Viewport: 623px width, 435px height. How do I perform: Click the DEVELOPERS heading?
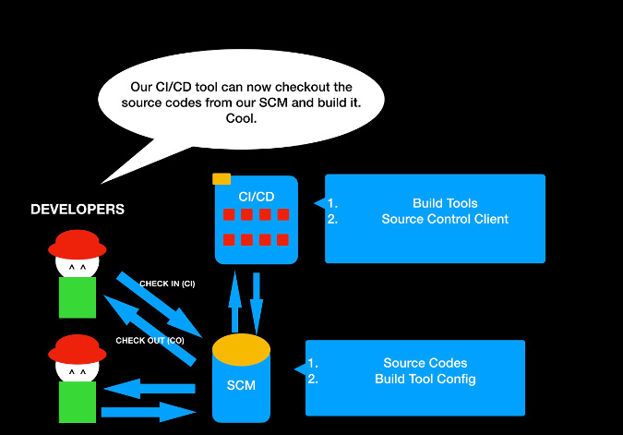[x=78, y=210]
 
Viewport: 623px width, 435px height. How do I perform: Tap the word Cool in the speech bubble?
[x=241, y=118]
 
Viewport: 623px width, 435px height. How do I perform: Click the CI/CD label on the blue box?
[x=257, y=196]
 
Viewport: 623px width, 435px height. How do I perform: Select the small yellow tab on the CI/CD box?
[x=222, y=179]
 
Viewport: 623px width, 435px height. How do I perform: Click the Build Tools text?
[x=445, y=203]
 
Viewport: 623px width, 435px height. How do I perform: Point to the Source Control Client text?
[x=445, y=220]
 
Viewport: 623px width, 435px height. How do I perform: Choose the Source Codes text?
[x=425, y=363]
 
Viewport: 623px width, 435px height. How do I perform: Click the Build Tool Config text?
[x=425, y=380]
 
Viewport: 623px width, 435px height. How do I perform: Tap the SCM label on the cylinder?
[x=241, y=385]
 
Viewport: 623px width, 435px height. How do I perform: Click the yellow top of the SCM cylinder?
[x=242, y=348]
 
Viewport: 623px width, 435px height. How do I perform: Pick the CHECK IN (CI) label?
[x=167, y=284]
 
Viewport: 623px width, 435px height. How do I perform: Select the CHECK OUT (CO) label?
[x=143, y=341]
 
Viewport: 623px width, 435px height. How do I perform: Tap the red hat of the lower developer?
[x=78, y=350]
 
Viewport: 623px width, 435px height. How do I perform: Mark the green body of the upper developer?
[x=78, y=297]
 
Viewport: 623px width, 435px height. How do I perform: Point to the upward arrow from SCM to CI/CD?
[x=234, y=301]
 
